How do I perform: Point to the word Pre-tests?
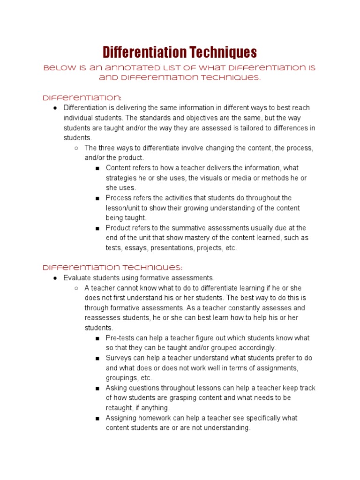pos(120,338)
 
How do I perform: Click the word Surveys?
pos(118,358)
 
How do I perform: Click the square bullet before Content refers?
pos(97,168)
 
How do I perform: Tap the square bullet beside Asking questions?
pos(97,388)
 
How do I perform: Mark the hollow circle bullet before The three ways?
pos(76,148)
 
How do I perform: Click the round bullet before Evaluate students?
pos(55,278)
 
